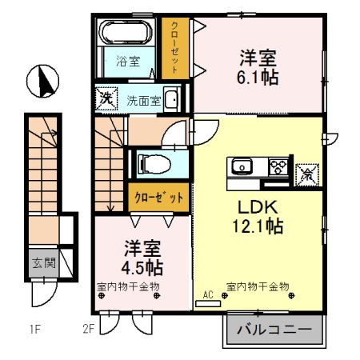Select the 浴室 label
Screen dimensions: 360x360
point(126,61)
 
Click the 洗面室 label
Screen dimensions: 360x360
point(144,100)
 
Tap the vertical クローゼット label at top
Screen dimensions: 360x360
point(173,47)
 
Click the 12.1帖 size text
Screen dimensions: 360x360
point(258,226)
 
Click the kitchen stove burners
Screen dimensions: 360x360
point(278,167)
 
